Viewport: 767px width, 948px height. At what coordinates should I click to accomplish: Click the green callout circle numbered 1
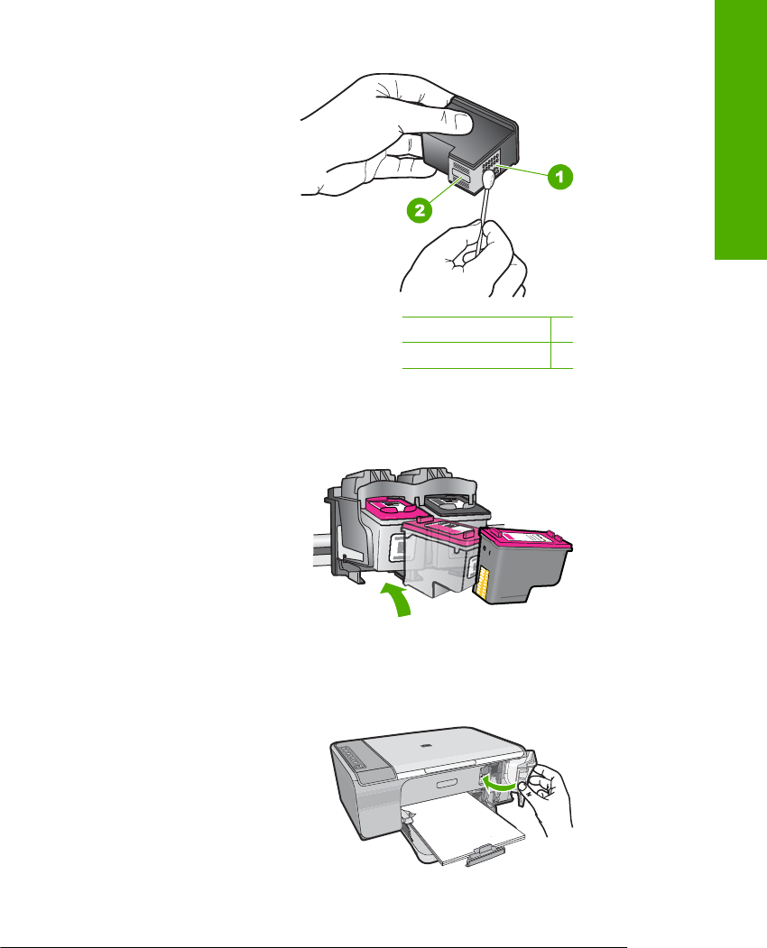[x=560, y=177]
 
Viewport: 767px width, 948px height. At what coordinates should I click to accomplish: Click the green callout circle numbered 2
[x=420, y=210]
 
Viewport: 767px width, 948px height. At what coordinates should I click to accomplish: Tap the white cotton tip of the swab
[x=489, y=179]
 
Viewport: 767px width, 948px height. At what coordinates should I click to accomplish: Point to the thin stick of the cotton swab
[x=482, y=220]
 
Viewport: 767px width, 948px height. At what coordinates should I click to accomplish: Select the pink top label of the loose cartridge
[x=526, y=537]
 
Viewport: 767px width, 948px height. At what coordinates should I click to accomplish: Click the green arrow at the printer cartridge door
[x=501, y=784]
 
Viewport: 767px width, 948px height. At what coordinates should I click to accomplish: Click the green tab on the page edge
[x=741, y=130]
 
